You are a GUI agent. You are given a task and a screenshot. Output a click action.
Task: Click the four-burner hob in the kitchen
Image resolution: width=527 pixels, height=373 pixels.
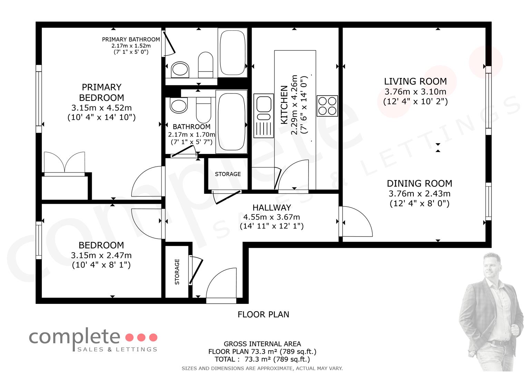(x=327, y=106)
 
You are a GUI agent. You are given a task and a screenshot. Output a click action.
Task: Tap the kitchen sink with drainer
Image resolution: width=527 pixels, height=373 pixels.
(x=264, y=116)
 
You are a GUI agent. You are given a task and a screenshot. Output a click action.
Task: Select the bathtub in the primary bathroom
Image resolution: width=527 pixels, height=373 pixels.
(x=233, y=52)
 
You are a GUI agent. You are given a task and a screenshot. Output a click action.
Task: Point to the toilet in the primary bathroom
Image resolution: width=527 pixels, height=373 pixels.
(x=206, y=65)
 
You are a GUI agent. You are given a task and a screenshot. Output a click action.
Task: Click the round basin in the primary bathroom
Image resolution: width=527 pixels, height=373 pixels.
(x=180, y=70)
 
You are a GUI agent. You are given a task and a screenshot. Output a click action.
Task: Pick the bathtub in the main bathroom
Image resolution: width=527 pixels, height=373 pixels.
(x=232, y=122)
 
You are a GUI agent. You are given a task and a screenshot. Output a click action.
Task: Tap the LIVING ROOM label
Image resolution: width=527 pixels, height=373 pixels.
(x=415, y=82)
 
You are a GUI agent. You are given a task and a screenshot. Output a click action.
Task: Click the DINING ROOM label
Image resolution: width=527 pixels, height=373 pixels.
(x=419, y=183)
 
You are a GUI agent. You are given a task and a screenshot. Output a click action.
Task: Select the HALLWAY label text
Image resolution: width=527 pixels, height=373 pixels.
(x=272, y=208)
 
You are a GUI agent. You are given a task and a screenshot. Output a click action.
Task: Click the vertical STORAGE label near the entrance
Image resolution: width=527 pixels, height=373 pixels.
(x=177, y=272)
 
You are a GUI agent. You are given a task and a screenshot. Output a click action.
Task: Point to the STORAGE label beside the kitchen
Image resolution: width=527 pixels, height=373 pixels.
(x=228, y=174)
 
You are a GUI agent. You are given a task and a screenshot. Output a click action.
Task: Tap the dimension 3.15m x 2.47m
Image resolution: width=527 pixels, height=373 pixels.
(x=101, y=255)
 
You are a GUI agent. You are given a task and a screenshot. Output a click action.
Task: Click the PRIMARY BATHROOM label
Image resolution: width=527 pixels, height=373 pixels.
(x=131, y=39)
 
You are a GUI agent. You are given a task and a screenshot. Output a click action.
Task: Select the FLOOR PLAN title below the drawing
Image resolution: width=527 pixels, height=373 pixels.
(x=263, y=314)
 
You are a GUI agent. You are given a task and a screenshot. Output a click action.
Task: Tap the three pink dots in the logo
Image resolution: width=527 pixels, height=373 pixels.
(x=141, y=337)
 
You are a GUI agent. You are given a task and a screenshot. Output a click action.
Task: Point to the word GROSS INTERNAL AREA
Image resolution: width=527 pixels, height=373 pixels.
(x=262, y=344)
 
